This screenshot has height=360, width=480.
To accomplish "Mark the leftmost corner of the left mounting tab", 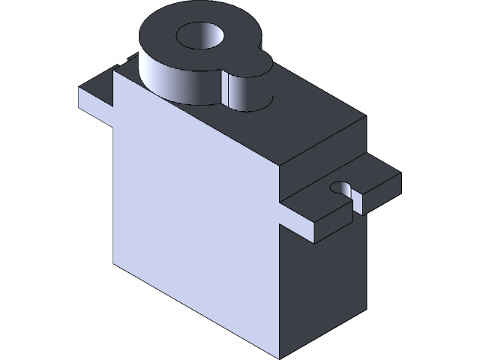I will [x=79, y=88].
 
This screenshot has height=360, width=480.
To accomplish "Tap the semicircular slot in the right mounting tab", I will [x=341, y=187].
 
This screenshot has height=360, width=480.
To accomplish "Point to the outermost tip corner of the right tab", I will [x=400, y=174].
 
